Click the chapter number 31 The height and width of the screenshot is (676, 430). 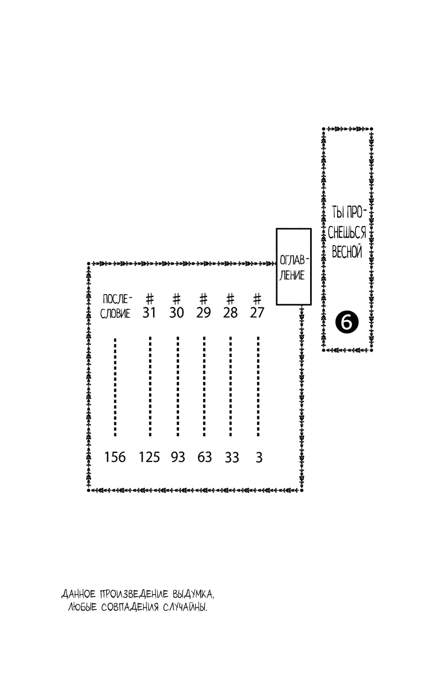tap(149, 313)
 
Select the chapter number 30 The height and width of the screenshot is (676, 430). tap(177, 313)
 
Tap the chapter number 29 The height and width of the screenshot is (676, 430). tap(204, 313)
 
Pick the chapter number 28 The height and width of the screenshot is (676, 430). tap(231, 313)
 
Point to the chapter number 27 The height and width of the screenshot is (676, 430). tap(257, 313)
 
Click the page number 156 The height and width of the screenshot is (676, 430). tap(115, 457)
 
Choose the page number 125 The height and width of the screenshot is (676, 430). tap(150, 457)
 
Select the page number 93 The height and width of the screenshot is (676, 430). tap(178, 457)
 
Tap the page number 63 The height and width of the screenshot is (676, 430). tap(204, 457)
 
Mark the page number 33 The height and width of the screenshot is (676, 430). tap(232, 457)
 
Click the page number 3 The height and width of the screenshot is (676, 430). tap(259, 457)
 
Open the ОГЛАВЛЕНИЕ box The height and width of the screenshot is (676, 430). tap(293, 267)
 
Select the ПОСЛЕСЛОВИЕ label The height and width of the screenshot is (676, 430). tap(116, 306)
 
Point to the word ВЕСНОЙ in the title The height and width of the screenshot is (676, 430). tap(346, 252)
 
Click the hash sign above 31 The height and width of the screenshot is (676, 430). tap(150, 297)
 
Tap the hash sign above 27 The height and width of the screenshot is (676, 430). tap(258, 297)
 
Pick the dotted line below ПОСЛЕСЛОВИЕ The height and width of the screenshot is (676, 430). tap(115, 386)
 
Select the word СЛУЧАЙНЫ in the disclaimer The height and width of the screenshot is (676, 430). tap(183, 608)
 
